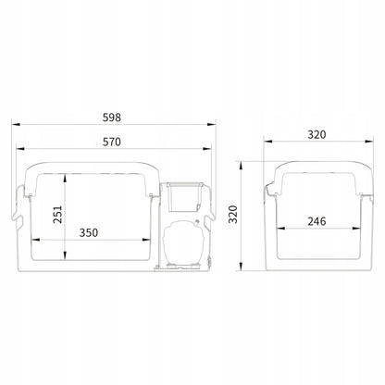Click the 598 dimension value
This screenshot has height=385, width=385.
112,118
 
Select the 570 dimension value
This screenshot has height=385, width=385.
112,142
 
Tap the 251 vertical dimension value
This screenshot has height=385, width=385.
57,215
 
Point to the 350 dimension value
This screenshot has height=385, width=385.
89,232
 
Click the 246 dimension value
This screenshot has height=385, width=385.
317,221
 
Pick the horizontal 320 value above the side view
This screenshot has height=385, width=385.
317,135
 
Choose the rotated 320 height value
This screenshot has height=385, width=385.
233,214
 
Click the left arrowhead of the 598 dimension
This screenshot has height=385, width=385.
16,125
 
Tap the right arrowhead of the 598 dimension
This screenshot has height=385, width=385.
211,125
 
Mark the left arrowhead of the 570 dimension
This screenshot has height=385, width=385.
20,149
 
